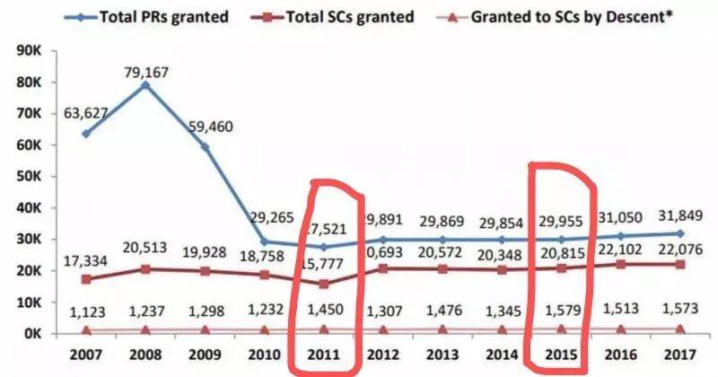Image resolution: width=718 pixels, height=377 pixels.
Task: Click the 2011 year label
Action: pos(326,355)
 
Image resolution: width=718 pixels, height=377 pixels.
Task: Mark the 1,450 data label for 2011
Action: pos(326,310)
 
